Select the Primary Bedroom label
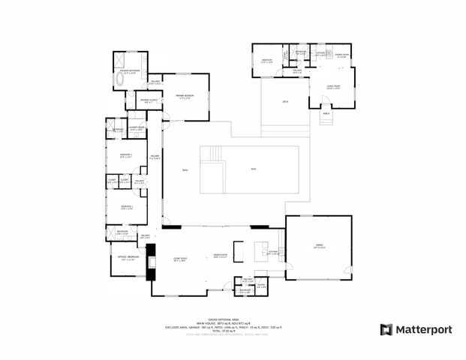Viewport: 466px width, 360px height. click(185, 96)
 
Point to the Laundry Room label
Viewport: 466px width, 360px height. click(136, 129)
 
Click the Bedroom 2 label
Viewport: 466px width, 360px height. click(125, 155)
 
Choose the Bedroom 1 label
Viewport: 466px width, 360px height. click(125, 207)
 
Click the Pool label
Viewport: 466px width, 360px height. click(253, 169)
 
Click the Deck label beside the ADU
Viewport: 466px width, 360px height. click(285, 101)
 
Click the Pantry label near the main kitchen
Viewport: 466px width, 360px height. click(261, 285)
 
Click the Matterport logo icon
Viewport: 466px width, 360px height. click(386, 329)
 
